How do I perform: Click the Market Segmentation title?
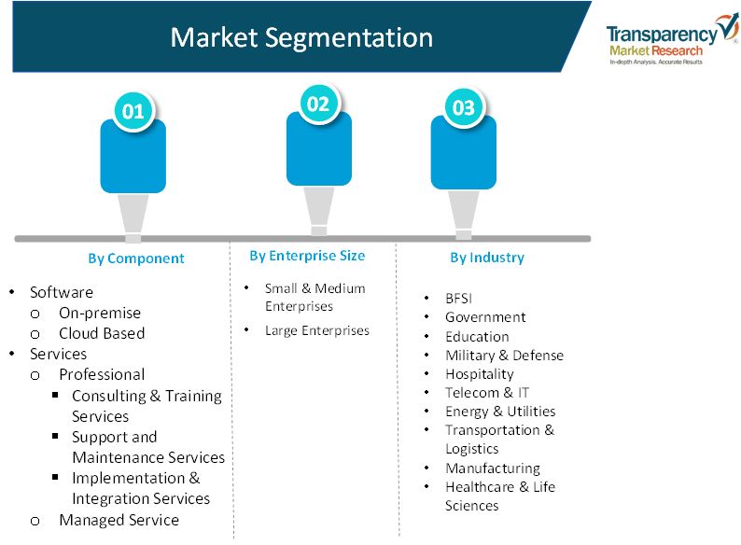coord(301,38)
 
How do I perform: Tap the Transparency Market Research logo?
coord(672,39)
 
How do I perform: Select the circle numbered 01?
coord(133,112)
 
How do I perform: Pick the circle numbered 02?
coord(318,105)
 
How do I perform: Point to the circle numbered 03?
coord(464,107)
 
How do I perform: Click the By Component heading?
coord(136,259)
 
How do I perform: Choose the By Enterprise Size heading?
coord(307,256)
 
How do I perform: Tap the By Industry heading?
coord(487,258)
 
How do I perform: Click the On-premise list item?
coord(100,313)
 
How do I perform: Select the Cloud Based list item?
coord(102,333)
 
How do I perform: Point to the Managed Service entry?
coord(119,520)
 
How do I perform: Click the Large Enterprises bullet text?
coord(317,330)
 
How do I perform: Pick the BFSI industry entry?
coord(458,299)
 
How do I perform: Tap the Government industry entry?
coord(485,317)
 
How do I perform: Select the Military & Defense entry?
coord(504,355)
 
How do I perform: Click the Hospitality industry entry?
coord(479,374)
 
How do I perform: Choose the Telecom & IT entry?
coord(487,392)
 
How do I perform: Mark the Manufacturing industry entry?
coord(493,468)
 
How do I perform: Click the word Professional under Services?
coord(102,374)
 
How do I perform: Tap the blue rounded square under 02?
coord(319,149)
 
